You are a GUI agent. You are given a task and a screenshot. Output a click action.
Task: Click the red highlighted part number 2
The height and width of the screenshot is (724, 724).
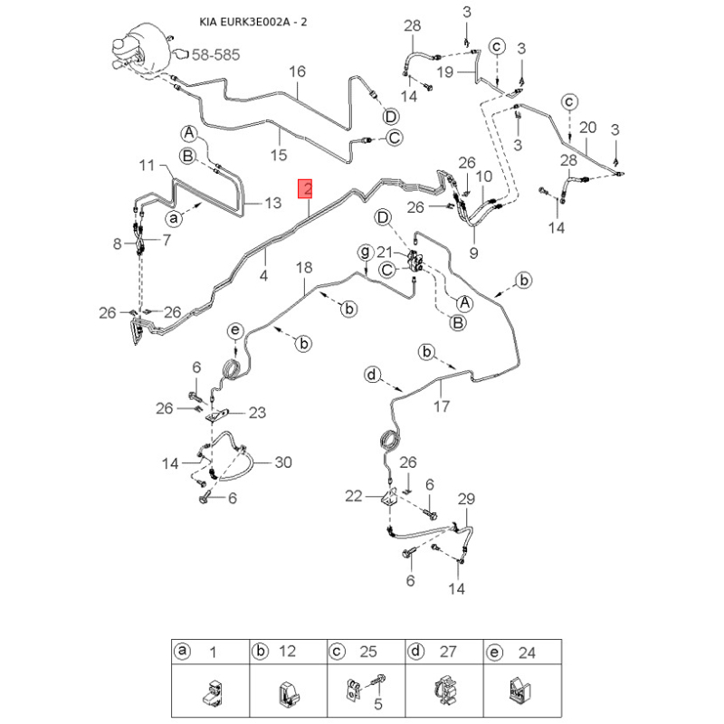(x=308, y=189)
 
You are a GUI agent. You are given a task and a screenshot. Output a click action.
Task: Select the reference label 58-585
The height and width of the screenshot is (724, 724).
(x=214, y=55)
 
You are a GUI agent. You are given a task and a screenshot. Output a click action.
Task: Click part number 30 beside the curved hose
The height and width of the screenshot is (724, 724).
(x=283, y=462)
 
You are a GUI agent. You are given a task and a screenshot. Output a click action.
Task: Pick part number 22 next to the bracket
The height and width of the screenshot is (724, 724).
(x=353, y=495)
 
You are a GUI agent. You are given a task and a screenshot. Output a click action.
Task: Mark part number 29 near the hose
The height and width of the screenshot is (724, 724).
(x=466, y=499)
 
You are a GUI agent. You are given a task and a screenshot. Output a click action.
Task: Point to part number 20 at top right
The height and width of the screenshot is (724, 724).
(x=588, y=127)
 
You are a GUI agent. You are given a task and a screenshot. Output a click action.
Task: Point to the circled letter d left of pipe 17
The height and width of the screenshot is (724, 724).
(x=371, y=375)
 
